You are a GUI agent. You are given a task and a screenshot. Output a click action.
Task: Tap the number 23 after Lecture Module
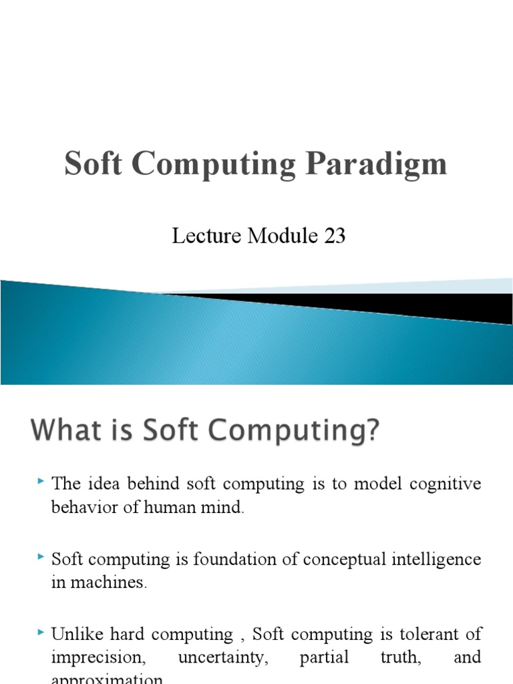333,236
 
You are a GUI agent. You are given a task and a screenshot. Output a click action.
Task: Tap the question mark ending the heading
371,431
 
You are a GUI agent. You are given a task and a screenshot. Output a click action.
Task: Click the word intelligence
440,558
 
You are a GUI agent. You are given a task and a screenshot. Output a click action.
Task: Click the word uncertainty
223,657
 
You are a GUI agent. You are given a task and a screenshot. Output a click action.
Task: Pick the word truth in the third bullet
401,657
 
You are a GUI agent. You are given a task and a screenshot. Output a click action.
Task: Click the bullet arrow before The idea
41,481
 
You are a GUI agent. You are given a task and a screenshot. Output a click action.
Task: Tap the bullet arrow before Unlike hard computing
41,631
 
